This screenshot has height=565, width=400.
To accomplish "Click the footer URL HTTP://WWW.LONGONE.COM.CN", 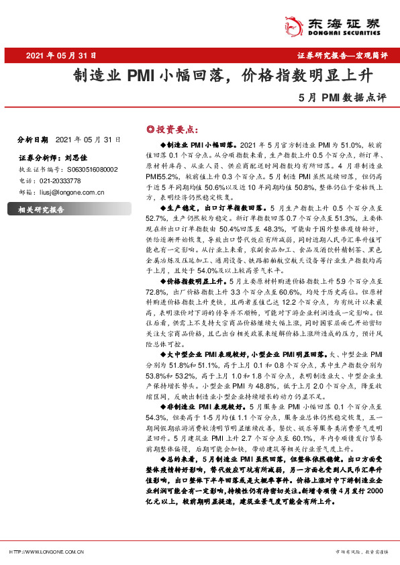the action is (46, 552).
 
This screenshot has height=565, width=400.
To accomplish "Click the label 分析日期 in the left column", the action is (32, 140).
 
